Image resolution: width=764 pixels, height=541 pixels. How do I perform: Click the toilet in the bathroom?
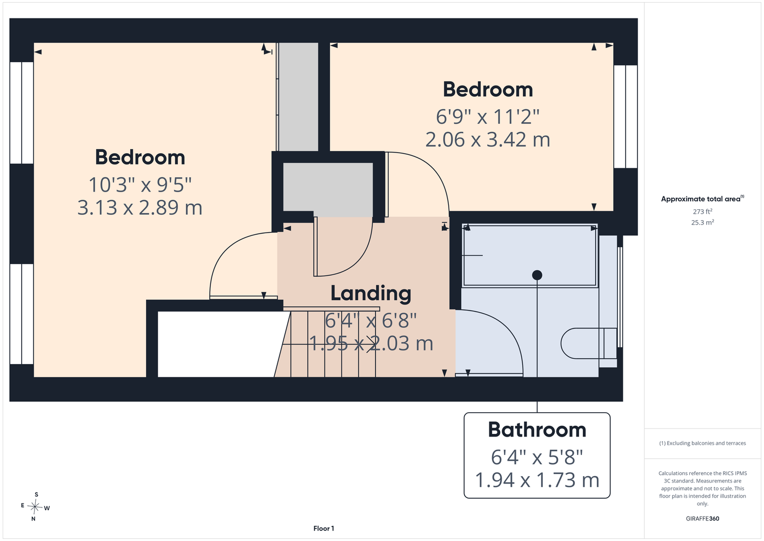click(x=589, y=344)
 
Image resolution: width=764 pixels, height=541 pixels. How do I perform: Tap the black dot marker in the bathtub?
click(x=537, y=275)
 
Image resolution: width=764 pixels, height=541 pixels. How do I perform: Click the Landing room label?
click(x=371, y=293)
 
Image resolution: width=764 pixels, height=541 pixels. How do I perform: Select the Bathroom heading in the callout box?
click(x=537, y=430)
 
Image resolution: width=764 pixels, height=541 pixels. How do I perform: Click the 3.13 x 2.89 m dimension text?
click(x=140, y=208)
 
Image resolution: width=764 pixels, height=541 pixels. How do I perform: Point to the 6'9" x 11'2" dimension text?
click(x=488, y=117)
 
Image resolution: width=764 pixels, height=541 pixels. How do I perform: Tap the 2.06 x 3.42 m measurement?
click(x=488, y=140)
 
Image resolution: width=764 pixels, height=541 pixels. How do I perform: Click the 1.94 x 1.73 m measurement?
click(x=537, y=480)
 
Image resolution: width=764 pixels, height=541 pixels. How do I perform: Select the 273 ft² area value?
click(x=702, y=212)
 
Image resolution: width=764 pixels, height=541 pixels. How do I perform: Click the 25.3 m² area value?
click(x=702, y=222)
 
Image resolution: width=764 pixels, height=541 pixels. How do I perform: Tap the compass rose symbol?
click(x=35, y=507)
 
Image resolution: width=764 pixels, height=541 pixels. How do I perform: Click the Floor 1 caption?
click(x=324, y=529)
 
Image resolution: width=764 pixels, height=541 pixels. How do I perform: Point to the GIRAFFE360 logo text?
click(x=702, y=518)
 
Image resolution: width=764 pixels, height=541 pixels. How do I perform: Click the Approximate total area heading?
click(x=702, y=199)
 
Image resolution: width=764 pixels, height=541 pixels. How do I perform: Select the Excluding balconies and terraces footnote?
click(x=702, y=443)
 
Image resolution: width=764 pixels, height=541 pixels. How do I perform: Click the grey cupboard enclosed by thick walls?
click(x=328, y=190)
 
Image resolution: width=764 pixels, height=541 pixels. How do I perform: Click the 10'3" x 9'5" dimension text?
click(x=140, y=184)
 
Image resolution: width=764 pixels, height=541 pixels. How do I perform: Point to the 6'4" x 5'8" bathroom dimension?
click(x=537, y=457)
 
